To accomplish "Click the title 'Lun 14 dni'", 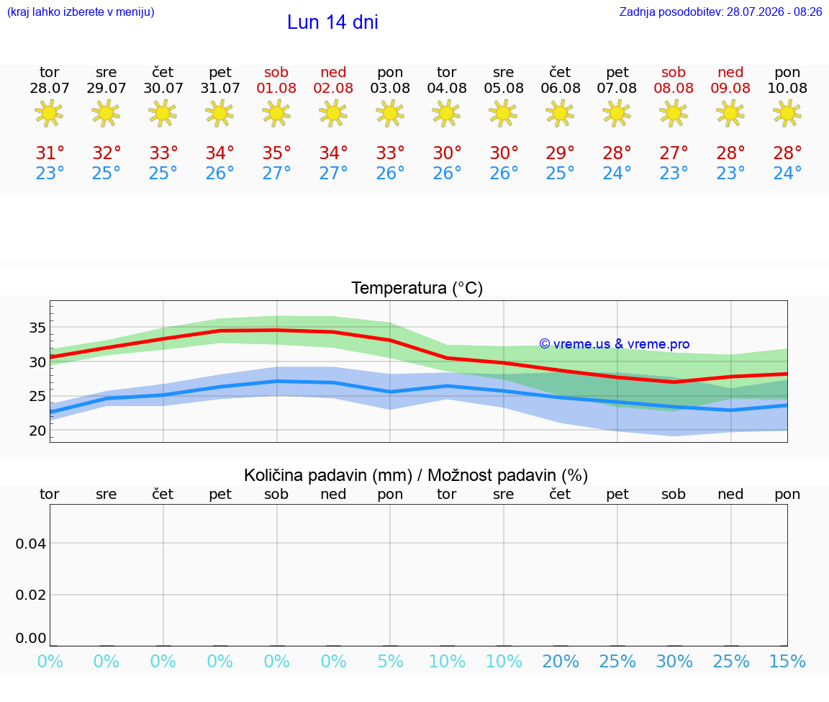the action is [x=332, y=22].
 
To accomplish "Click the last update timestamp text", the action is [x=720, y=12].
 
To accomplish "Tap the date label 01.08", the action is [x=276, y=88].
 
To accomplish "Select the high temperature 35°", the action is [x=276, y=153].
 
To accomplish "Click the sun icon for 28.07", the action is [x=49, y=113].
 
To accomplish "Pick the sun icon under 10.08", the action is [x=787, y=113].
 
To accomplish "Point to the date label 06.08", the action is [x=561, y=88].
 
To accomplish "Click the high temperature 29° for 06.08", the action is [x=561, y=153].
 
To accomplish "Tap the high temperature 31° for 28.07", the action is [x=49, y=153].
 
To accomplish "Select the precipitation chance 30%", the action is [x=674, y=661].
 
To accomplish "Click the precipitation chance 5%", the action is [x=390, y=661].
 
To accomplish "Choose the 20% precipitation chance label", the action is [x=561, y=661].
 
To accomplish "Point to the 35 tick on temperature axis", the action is [x=37, y=328].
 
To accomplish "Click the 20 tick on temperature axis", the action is [x=37, y=431].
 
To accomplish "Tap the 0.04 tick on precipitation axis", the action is [x=31, y=544].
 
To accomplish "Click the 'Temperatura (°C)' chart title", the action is [x=417, y=288].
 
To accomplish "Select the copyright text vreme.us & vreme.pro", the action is [x=615, y=344].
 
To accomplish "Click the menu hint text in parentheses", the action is [x=81, y=12].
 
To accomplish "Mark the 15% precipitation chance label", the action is [x=787, y=661].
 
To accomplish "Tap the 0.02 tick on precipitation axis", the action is [x=31, y=595].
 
